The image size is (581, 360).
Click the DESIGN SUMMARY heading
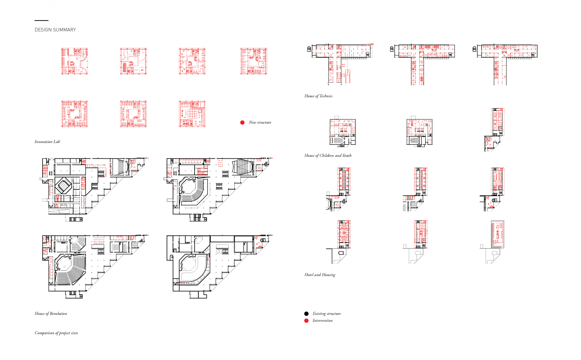coord(55,30)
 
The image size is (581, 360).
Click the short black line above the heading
coord(41,21)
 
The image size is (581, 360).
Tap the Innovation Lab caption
coord(47,142)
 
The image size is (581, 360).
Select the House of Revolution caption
coord(51,313)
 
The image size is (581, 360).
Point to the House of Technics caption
coord(318,96)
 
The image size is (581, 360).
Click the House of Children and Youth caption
coord(328,155)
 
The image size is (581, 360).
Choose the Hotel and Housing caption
coord(320,275)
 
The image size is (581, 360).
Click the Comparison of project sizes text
coord(56,333)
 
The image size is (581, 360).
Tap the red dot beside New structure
coord(242,122)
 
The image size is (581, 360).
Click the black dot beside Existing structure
coord(306,314)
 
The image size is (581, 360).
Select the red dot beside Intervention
coord(306,321)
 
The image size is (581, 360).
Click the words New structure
coord(260,122)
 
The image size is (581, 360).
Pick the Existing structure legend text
coord(327,314)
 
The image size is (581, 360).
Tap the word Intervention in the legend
coord(322,321)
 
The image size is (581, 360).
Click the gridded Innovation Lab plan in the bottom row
coord(192,114)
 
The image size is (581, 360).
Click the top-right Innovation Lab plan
coord(254,61)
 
